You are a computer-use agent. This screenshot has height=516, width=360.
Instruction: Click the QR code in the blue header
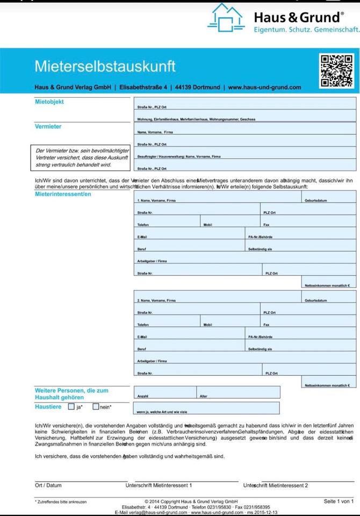337,70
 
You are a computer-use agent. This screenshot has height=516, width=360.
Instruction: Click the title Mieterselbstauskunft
105,67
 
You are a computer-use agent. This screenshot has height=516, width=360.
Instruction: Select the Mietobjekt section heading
49,101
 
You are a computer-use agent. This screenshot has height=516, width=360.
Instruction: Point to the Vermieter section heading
48,127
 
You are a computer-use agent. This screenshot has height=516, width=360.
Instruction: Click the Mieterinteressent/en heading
63,194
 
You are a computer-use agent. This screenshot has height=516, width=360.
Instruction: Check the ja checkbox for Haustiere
71,407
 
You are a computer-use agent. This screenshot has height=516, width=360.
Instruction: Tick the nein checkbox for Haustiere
96,407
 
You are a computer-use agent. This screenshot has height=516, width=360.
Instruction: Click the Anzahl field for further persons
165,392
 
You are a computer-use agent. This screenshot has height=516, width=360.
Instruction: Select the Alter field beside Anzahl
238,392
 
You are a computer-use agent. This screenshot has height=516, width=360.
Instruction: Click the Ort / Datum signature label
48,485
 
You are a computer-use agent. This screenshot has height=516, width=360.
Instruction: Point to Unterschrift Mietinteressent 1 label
159,485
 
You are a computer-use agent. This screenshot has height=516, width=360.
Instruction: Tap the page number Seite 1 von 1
339,501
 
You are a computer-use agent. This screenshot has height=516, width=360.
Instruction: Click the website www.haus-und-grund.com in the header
264,87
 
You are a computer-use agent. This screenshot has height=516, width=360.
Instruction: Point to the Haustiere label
48,407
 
